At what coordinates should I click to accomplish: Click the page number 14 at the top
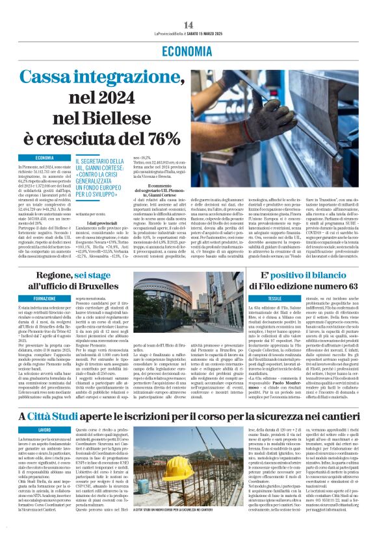tap(188, 25)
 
